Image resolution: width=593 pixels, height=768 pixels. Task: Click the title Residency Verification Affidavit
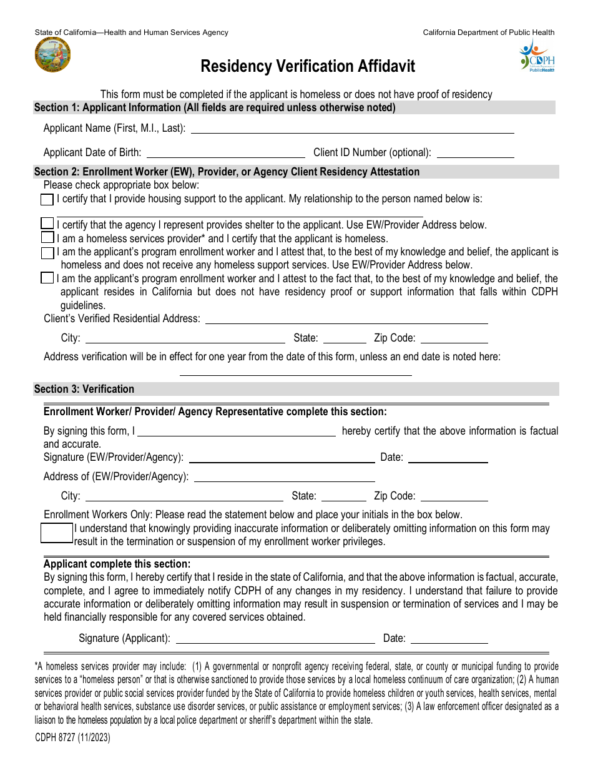[x=307, y=67]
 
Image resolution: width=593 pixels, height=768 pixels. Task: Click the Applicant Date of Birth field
[x=225, y=152]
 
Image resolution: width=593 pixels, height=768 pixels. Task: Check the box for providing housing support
[x=47, y=200]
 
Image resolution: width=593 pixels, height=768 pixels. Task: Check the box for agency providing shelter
[x=47, y=224]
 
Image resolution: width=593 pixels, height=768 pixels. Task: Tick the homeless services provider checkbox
[x=47, y=237]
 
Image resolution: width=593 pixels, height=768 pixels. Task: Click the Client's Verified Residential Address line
[x=346, y=318]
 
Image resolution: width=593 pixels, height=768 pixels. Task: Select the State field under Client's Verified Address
[x=344, y=338]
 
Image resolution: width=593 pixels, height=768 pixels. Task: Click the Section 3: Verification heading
[x=84, y=389]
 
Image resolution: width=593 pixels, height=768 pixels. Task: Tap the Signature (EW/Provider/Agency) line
[x=282, y=457]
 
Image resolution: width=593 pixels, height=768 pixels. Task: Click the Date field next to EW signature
[x=448, y=457]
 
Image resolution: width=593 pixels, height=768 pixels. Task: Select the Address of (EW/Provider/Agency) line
[x=285, y=476]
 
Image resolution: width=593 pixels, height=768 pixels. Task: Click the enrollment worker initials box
[x=57, y=534]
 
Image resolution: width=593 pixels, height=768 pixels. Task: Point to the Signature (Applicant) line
[x=276, y=638]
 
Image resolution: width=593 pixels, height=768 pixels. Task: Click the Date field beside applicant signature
[x=449, y=638]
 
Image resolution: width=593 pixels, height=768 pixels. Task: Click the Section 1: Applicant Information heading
[x=215, y=107]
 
